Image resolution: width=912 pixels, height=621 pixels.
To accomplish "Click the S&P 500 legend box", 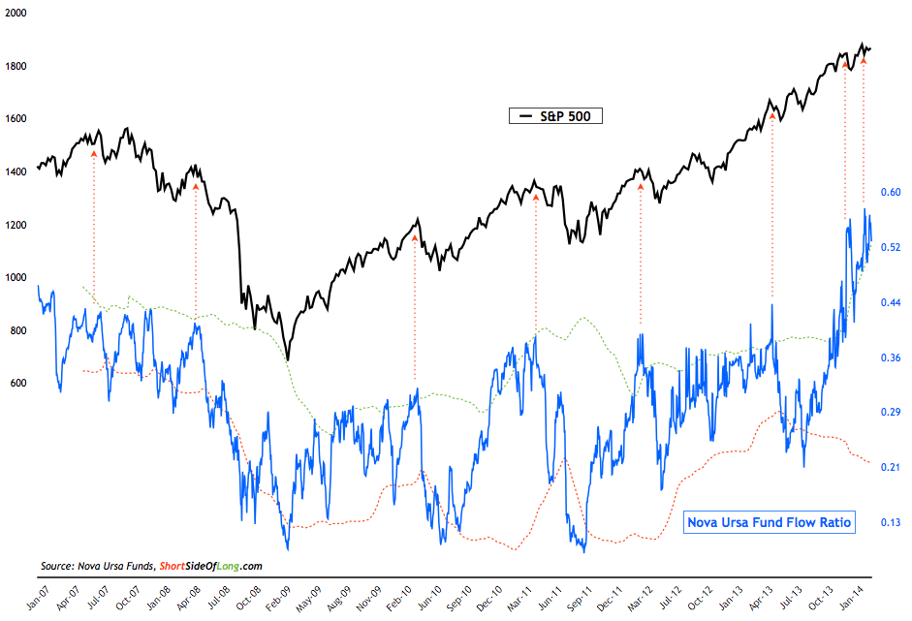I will [556, 116].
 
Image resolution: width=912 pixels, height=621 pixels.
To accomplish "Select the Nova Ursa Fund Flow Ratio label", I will [770, 523].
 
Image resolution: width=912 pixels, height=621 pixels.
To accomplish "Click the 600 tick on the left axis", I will [17, 384].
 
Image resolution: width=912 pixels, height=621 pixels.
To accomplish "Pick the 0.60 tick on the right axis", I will [890, 192].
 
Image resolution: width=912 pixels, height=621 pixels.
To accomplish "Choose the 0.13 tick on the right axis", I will [890, 522].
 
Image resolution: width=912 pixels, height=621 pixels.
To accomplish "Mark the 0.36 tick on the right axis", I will [890, 357].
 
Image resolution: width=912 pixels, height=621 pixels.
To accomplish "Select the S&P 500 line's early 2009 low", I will [287, 359].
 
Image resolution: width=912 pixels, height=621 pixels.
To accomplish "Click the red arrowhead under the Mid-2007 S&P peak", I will [93, 152].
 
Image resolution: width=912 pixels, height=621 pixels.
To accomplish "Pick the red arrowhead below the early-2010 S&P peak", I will [415, 236].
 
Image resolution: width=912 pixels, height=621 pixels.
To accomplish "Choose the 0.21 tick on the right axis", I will [890, 467].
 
